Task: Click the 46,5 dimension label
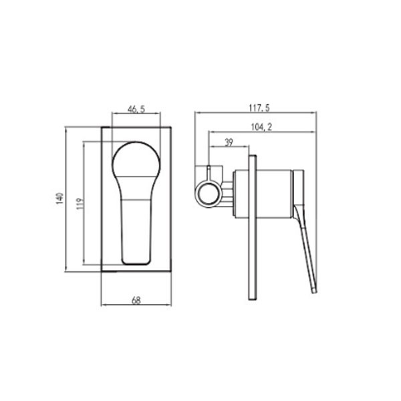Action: coord(136,109)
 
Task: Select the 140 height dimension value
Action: coord(59,198)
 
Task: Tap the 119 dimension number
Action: coord(80,204)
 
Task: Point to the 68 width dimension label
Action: coord(136,300)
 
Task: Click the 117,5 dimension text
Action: coord(259,108)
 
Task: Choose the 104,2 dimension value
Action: coord(261,127)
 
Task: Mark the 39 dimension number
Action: coord(229,142)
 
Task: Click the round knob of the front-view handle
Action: coord(136,159)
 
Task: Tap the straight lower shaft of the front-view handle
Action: coord(136,231)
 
